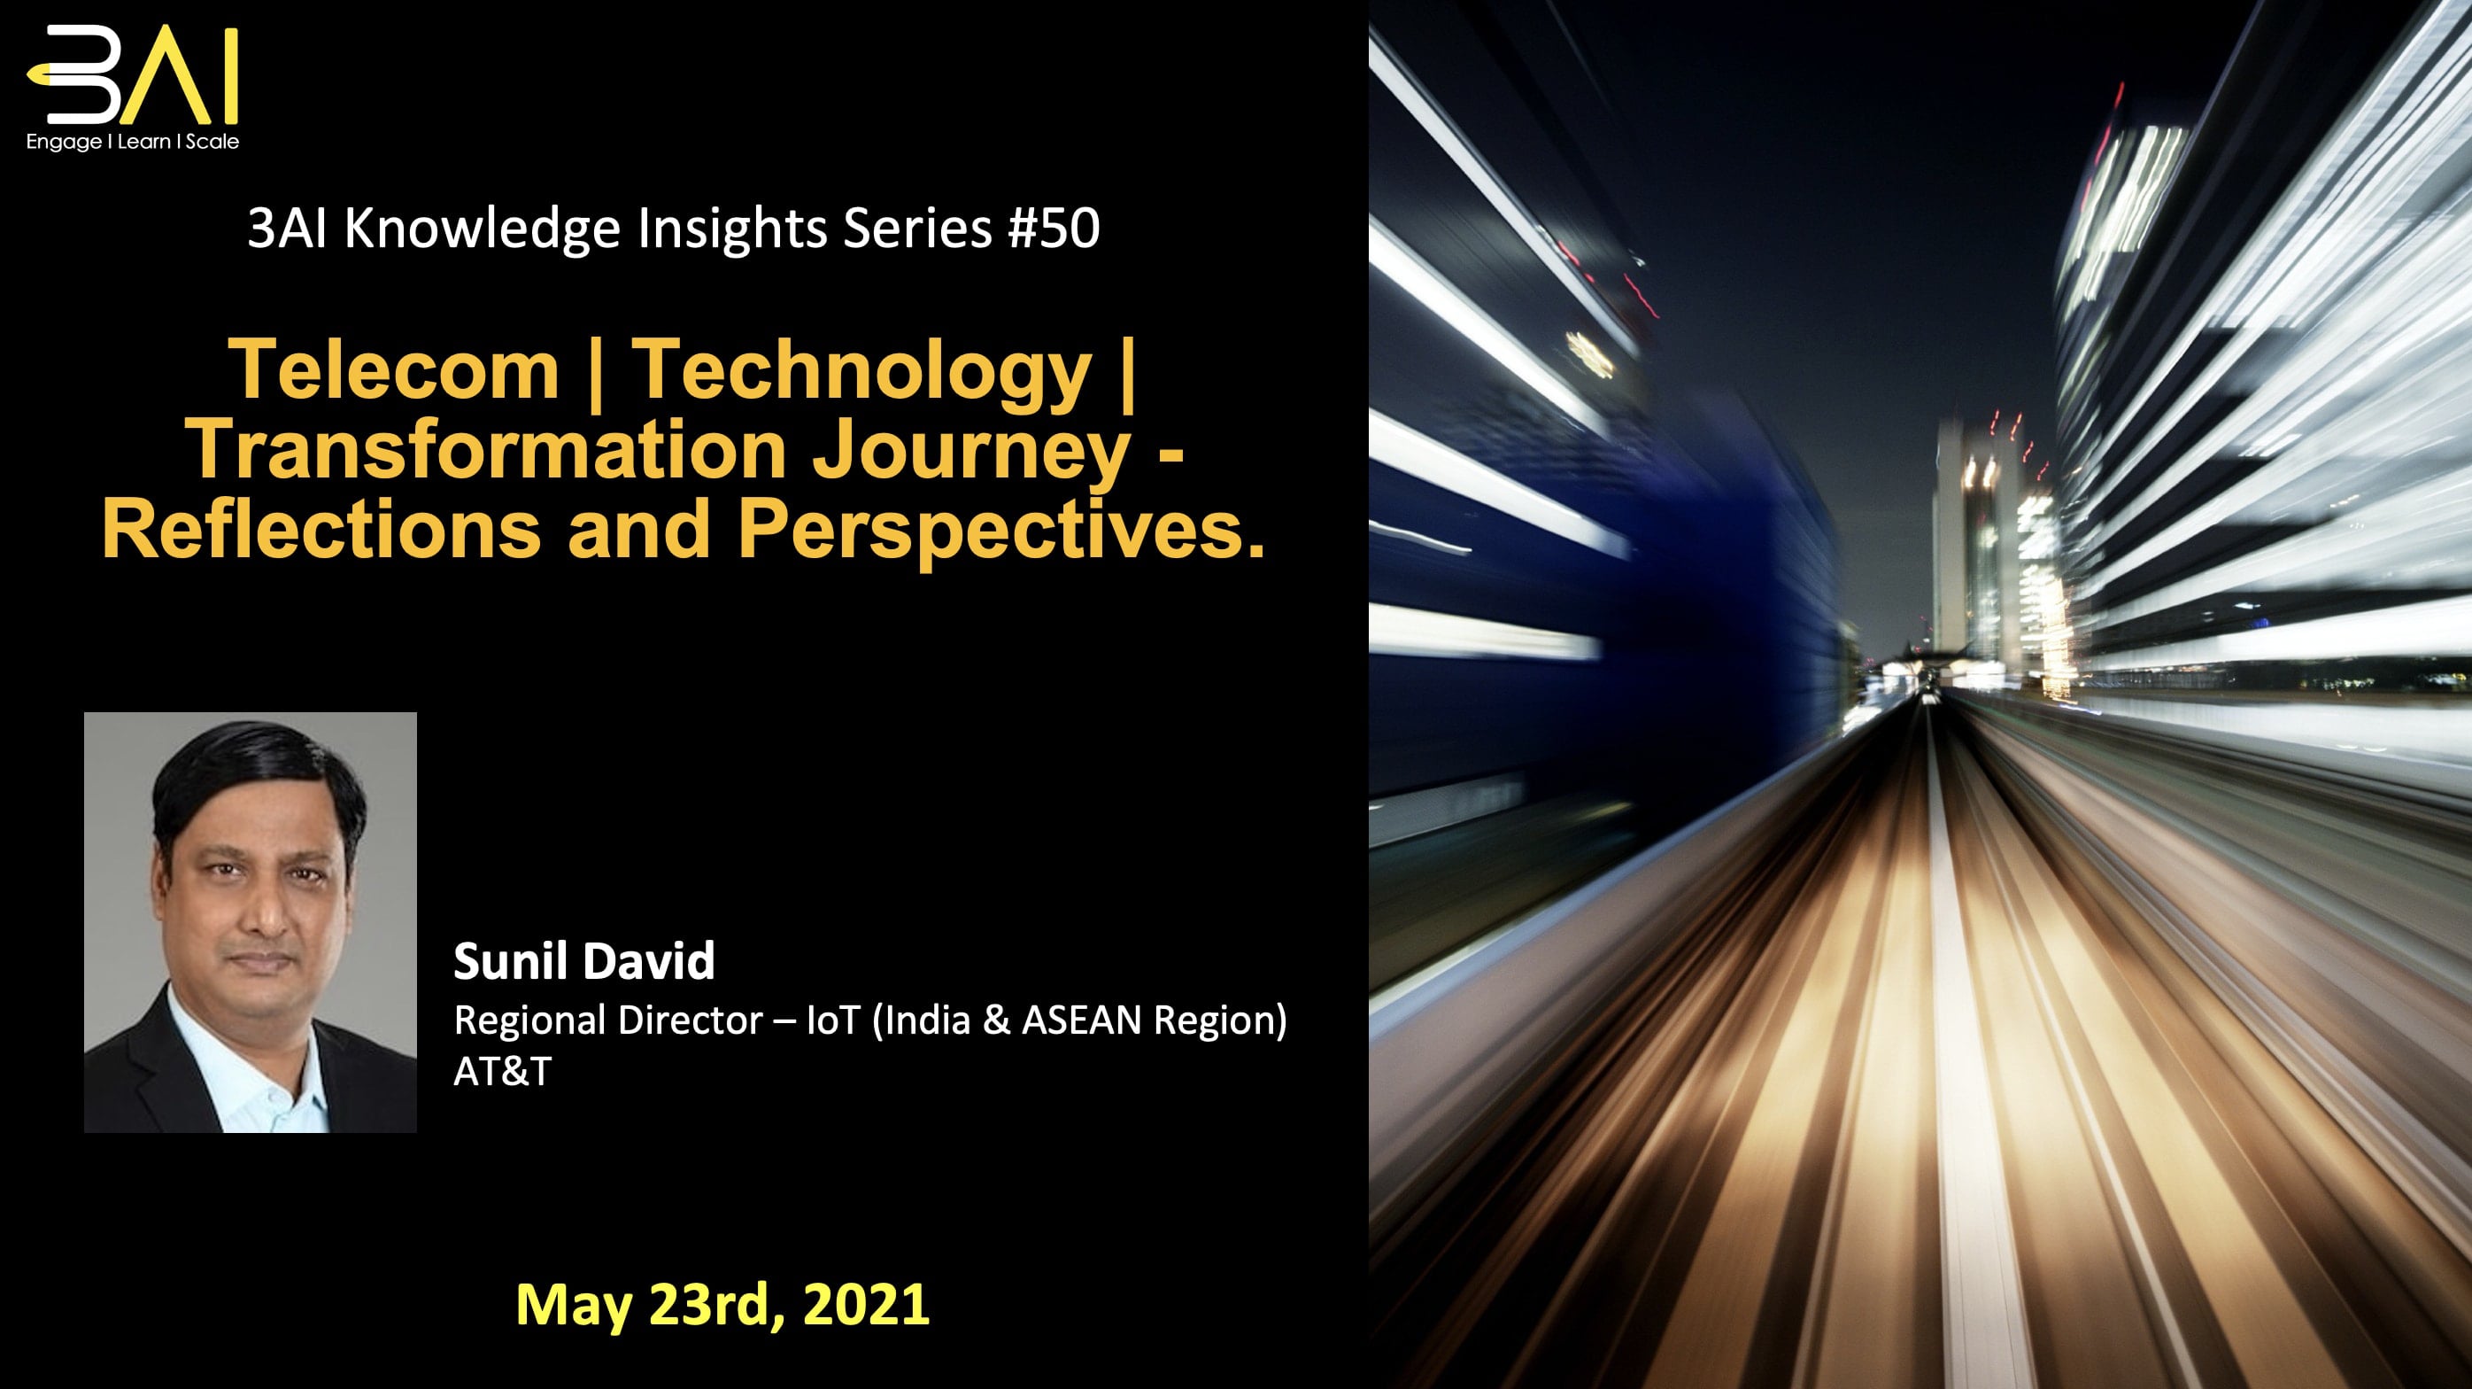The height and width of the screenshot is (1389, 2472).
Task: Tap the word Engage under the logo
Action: point(64,142)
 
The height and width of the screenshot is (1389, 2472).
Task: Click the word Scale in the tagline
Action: point(212,142)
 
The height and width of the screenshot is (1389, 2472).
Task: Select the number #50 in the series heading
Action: point(1054,229)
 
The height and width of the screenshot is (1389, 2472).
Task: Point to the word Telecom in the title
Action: point(393,369)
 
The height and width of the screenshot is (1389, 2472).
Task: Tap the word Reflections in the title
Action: point(321,529)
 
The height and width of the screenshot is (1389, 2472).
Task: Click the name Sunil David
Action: point(583,961)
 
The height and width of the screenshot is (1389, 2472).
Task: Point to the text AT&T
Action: point(502,1071)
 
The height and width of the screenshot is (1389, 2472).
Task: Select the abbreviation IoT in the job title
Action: point(832,1020)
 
